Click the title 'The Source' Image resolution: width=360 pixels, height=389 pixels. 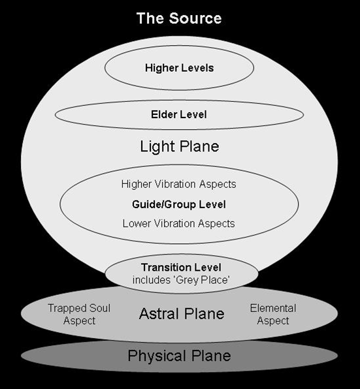pyautogui.click(x=179, y=18)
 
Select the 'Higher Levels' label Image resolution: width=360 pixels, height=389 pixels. pyautogui.click(x=179, y=68)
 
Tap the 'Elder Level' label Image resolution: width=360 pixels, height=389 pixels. pyautogui.click(x=179, y=114)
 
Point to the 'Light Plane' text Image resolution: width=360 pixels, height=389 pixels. pyautogui.click(x=180, y=146)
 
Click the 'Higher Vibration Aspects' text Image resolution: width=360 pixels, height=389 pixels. pyautogui.click(x=179, y=184)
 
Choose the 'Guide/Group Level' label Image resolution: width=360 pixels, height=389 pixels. pyautogui.click(x=179, y=204)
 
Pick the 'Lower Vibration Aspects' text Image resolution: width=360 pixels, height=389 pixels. pyautogui.click(x=179, y=223)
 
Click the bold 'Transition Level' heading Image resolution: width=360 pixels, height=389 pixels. pyautogui.click(x=181, y=268)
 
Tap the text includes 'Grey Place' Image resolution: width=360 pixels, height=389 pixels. pyautogui.click(x=181, y=280)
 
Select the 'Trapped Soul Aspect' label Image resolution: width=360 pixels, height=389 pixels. pyautogui.click(x=79, y=315)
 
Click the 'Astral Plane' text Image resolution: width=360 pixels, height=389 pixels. pyautogui.click(x=182, y=313)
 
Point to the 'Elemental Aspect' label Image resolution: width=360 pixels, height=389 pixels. pyautogui.click(x=273, y=315)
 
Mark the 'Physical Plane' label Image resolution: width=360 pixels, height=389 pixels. pyautogui.click(x=179, y=356)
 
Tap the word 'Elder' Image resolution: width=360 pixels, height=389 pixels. pyautogui.click(x=164, y=114)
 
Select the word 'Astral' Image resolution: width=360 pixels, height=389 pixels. pyautogui.click(x=157, y=313)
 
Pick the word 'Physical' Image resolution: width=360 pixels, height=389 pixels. pyautogui.click(x=157, y=356)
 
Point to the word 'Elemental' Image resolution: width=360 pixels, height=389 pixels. pyautogui.click(x=273, y=308)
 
